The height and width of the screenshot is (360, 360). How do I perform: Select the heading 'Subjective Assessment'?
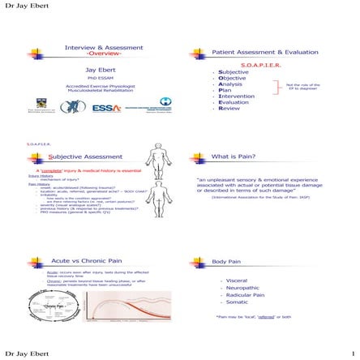pyautogui.click(x=89, y=156)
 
